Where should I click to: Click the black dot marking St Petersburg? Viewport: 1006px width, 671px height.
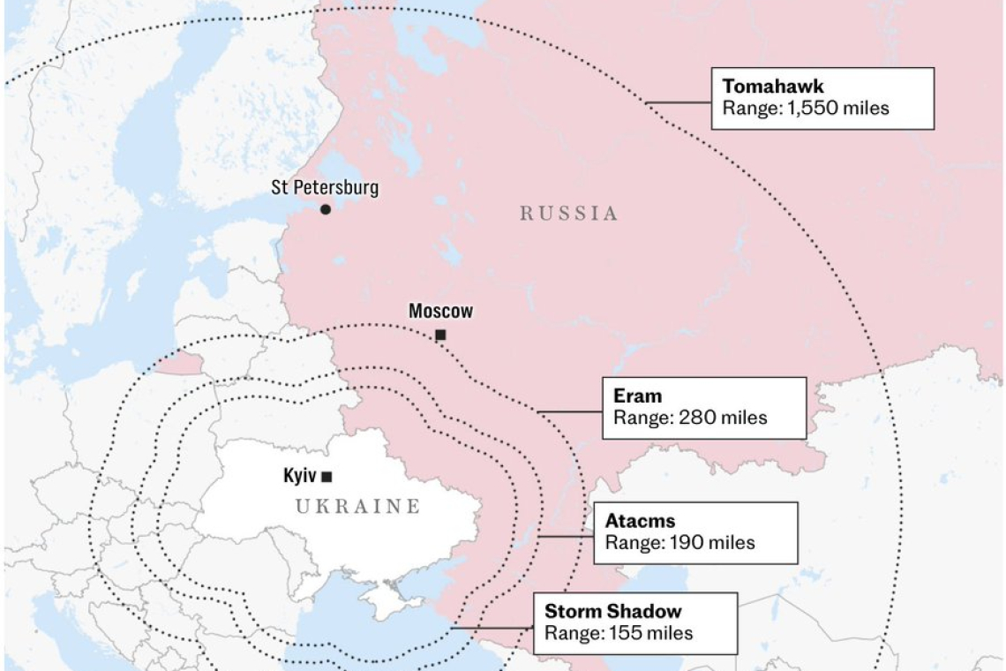(x=326, y=209)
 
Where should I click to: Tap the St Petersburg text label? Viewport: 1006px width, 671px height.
(x=325, y=187)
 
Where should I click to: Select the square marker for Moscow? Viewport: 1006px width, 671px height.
(x=440, y=335)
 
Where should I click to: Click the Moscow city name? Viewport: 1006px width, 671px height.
(x=440, y=311)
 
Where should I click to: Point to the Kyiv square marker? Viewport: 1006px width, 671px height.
(x=327, y=477)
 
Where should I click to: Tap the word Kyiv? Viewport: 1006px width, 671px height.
(x=300, y=476)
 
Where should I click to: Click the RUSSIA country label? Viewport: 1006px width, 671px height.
(x=568, y=213)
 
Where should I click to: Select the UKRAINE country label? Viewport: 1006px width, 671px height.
(x=357, y=507)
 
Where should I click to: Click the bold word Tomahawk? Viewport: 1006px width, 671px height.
(x=772, y=87)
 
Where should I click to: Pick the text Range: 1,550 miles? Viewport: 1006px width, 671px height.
(x=806, y=108)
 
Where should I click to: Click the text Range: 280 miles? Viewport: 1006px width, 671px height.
(x=690, y=418)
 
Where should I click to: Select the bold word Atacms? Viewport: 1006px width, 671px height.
(x=640, y=521)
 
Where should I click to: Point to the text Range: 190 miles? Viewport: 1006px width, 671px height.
(x=679, y=543)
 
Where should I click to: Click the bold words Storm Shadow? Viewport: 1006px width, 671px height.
(x=612, y=611)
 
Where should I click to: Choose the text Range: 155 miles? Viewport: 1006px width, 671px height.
(x=618, y=633)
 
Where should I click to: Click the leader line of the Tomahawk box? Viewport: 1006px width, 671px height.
(x=679, y=102)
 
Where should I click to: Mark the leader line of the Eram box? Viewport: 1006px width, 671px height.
(x=569, y=411)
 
